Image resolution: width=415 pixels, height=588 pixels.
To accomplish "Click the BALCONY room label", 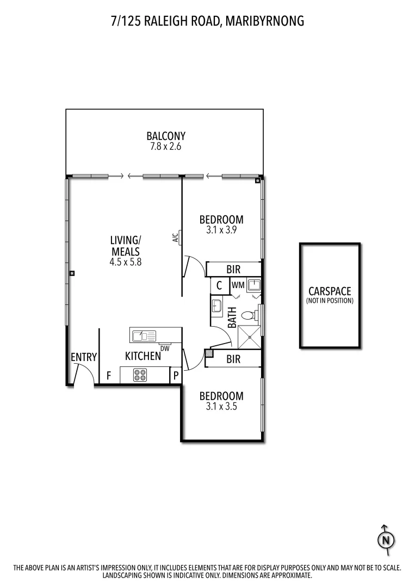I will pos(166,136).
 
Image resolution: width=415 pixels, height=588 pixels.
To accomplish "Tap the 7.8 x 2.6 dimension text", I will pos(166,147).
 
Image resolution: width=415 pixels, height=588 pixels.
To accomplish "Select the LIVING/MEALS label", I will pos(126,246).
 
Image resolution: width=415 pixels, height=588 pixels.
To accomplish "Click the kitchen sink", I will pos(143,335).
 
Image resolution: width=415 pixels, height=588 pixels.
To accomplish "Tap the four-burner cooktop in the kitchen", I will pos(140,375).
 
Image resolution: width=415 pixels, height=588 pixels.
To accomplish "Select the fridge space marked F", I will pos(109,375).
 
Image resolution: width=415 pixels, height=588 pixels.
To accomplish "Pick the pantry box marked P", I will pos(176,375).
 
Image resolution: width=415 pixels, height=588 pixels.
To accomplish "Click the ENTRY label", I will pos(84,357).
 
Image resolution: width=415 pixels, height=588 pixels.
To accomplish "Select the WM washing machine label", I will pos(238,285).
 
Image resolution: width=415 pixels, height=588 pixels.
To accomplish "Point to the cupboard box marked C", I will pos(219,285).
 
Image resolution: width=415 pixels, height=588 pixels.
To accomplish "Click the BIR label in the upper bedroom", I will pos(233,269).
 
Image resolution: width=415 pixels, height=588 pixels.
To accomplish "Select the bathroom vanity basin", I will pos(217,305).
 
